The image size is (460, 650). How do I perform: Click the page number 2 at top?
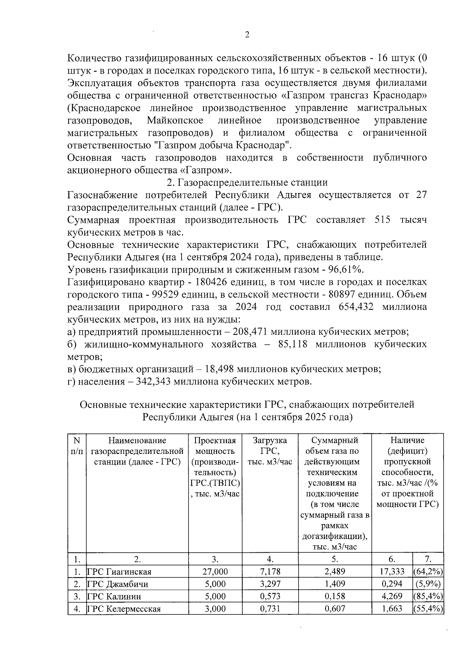pyautogui.click(x=247, y=35)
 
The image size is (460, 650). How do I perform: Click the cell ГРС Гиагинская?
pyautogui.click(x=119, y=572)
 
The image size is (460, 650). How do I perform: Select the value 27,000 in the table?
pyautogui.click(x=215, y=572)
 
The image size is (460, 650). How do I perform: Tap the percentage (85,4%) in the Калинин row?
pyautogui.click(x=428, y=596)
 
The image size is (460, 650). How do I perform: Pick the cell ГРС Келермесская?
pyautogui.click(x=124, y=609)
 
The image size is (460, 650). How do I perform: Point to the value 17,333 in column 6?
pyautogui.click(x=392, y=572)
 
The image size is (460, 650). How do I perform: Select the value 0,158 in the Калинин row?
pyautogui.click(x=335, y=596)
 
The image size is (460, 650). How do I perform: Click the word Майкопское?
pyautogui.click(x=175, y=121)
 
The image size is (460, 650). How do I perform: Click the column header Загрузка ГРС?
pyautogui.click(x=270, y=451)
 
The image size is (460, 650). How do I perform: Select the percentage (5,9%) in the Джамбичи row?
pyautogui.click(x=428, y=584)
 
